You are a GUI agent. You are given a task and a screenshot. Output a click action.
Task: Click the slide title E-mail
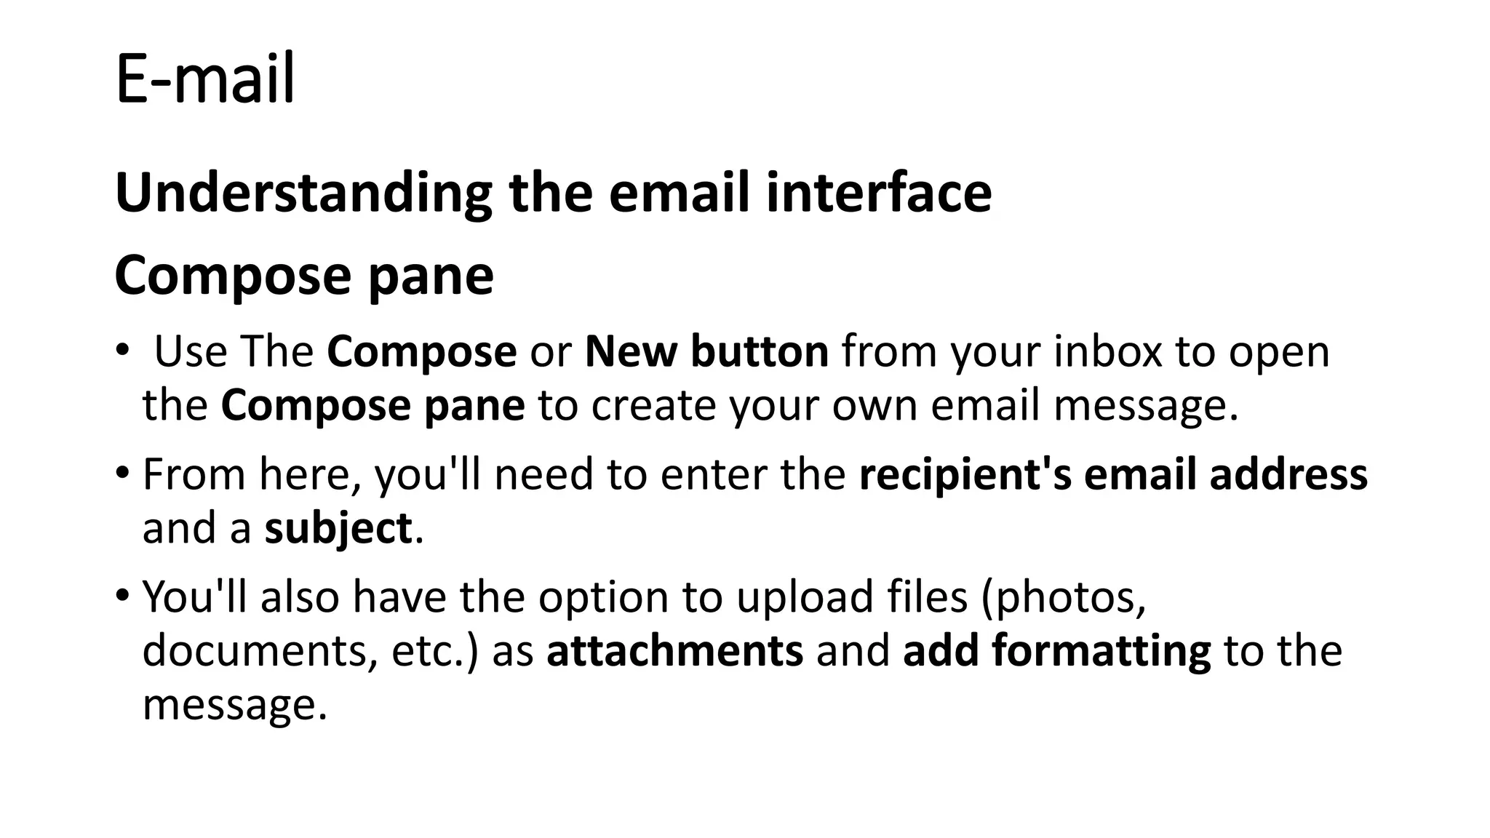pyautogui.click(x=205, y=79)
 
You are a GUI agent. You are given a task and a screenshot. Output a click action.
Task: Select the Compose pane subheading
pyautogui.click(x=304, y=276)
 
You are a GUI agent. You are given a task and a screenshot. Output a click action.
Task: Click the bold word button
pyautogui.click(x=760, y=351)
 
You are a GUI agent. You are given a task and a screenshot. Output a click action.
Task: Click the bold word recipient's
pyautogui.click(x=965, y=474)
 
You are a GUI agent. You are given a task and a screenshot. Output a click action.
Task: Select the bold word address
pyautogui.click(x=1288, y=474)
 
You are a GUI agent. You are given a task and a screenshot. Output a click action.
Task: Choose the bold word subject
pyautogui.click(x=338, y=529)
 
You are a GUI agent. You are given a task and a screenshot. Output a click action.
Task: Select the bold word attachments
pyautogui.click(x=674, y=650)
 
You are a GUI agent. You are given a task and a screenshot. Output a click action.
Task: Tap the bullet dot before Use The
pyautogui.click(x=121, y=350)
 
